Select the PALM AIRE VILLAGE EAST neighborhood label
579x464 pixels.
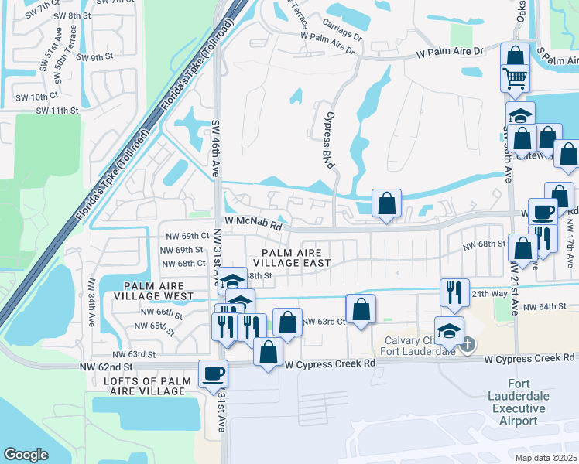tap(296, 258)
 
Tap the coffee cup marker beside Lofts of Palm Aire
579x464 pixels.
tap(213, 374)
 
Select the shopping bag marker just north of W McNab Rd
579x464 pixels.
tap(386, 204)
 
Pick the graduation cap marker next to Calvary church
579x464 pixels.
tap(450, 331)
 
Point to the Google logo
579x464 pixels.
tap(26, 454)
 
